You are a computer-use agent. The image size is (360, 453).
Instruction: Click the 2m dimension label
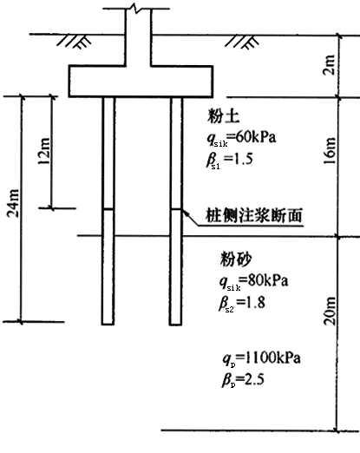click(329, 65)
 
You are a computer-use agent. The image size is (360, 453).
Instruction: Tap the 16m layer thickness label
click(330, 151)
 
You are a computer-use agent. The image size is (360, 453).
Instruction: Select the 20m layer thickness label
click(330, 311)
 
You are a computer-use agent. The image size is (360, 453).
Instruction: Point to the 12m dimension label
click(44, 151)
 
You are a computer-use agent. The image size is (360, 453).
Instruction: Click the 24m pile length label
click(13, 203)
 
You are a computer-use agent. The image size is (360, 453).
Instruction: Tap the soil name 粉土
click(223, 116)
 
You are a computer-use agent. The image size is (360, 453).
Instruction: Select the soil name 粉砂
click(236, 259)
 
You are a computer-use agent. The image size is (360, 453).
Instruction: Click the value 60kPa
click(256, 137)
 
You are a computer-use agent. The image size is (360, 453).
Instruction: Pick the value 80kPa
click(268, 280)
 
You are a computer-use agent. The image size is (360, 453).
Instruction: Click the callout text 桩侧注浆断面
click(254, 215)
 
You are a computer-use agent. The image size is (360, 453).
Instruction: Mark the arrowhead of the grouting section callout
click(185, 212)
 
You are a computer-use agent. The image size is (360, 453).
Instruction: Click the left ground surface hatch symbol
click(74, 42)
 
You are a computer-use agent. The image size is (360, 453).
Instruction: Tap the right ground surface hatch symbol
click(242, 42)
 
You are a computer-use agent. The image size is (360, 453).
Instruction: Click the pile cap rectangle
click(141, 82)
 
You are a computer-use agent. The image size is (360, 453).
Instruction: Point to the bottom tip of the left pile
click(108, 325)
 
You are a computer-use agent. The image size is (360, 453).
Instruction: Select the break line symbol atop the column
click(135, 8)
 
